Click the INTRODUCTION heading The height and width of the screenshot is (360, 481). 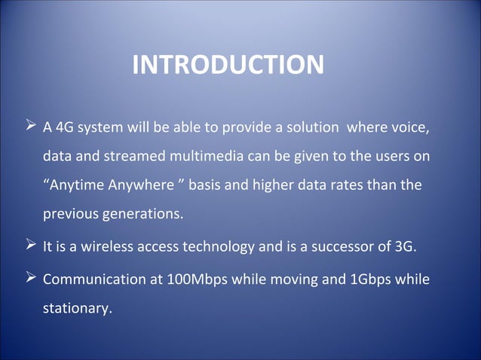coord(228,65)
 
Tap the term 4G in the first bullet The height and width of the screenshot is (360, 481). coord(66,127)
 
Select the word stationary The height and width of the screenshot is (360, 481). coord(77,309)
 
